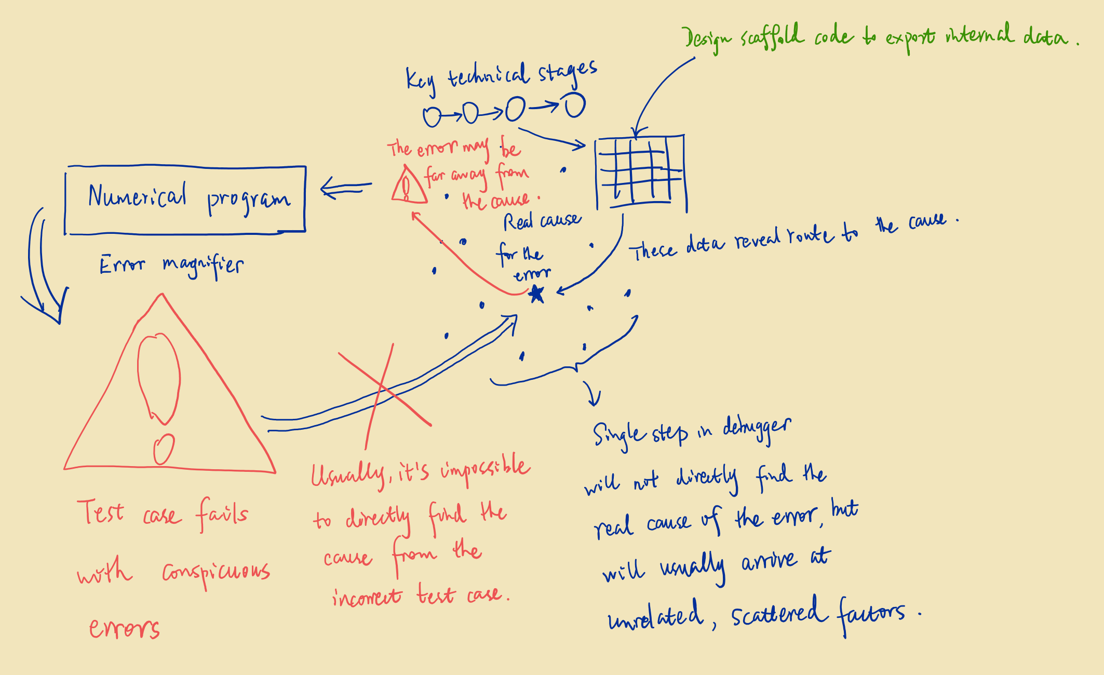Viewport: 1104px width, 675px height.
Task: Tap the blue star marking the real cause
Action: tap(536, 294)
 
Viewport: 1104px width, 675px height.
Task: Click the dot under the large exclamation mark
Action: tap(164, 449)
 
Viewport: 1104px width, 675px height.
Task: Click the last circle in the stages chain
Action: tap(575, 105)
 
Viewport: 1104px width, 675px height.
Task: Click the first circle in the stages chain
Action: tap(432, 117)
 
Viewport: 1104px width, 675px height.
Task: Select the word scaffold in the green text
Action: tap(773, 36)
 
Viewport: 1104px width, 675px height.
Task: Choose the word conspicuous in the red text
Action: tap(216, 573)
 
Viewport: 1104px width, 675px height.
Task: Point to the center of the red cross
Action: tap(383, 388)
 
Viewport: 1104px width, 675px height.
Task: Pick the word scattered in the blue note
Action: tap(779, 613)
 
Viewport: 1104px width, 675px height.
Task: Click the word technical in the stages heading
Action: tap(489, 76)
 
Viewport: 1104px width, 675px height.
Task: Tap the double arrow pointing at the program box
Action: tap(346, 188)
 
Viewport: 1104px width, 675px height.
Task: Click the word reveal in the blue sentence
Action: tap(758, 239)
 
